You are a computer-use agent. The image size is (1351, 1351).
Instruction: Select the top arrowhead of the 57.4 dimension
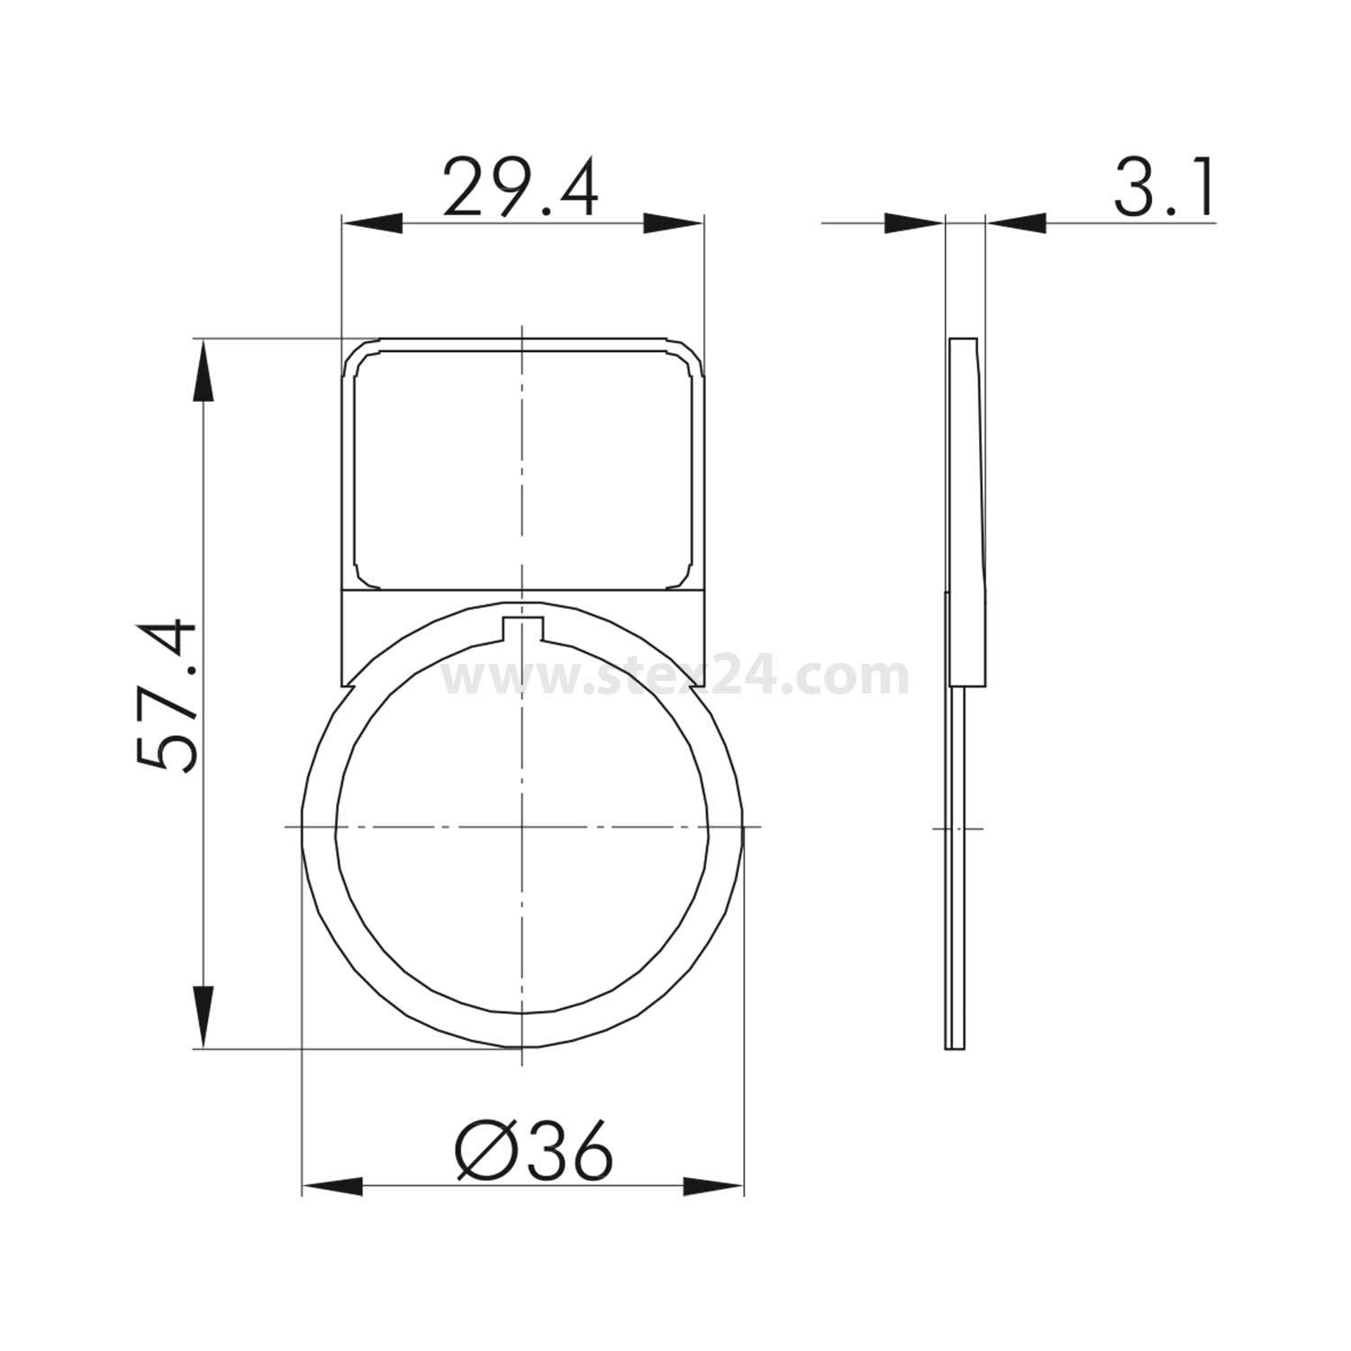(204, 369)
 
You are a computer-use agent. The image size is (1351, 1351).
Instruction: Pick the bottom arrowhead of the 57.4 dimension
(204, 1018)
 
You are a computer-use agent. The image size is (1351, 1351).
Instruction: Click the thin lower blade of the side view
(955, 865)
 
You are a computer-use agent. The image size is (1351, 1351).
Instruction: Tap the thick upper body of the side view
(966, 504)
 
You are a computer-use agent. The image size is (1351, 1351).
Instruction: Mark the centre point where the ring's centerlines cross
(521, 826)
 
